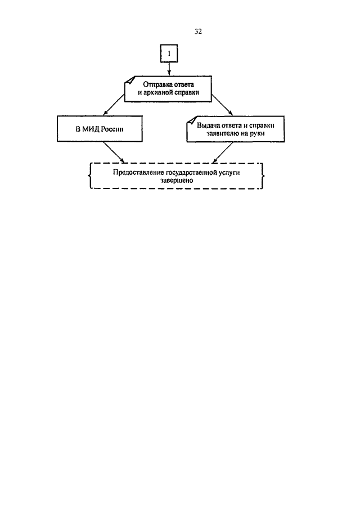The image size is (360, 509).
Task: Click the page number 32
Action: click(x=198, y=31)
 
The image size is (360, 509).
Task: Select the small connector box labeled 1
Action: click(x=169, y=53)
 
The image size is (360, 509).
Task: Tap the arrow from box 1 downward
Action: click(x=169, y=69)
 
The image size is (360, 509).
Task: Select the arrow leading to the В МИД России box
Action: click(x=113, y=105)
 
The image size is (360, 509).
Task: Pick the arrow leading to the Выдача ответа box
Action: click(x=222, y=105)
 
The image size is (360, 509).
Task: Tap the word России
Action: click(x=112, y=129)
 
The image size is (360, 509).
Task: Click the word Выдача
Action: click(x=208, y=125)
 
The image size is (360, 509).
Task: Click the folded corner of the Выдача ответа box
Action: click(x=190, y=124)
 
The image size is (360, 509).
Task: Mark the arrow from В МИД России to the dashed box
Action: click(x=114, y=152)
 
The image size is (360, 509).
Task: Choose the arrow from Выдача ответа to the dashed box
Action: click(x=222, y=152)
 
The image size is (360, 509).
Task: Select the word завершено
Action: click(x=176, y=181)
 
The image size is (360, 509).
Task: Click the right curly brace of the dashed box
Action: click(x=263, y=175)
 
